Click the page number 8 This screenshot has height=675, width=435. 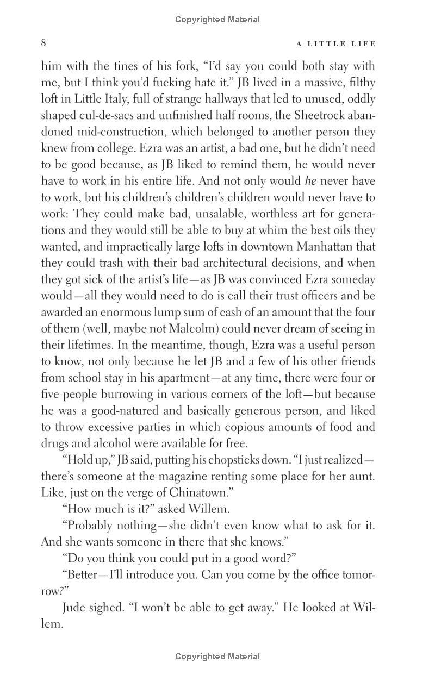(44, 43)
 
